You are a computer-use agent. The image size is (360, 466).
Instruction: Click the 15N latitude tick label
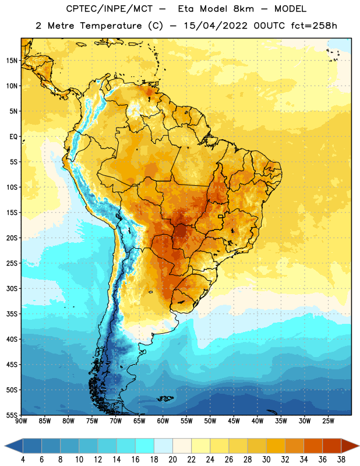point(12,61)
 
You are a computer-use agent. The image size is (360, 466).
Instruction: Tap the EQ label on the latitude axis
point(13,137)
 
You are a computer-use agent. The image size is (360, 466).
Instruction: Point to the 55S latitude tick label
point(12,415)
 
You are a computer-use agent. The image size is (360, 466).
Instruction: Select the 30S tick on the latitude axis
point(12,288)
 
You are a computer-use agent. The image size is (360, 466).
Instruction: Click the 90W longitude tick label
point(21,421)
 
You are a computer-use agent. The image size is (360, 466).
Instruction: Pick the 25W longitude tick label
point(328,421)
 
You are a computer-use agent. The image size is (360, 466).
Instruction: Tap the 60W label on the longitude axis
point(163,421)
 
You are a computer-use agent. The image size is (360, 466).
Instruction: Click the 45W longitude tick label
point(234,421)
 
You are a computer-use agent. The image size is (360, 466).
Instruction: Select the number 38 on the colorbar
point(341,460)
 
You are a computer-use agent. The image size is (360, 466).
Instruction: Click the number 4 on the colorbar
point(23,460)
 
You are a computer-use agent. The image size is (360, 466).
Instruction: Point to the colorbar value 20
point(172,460)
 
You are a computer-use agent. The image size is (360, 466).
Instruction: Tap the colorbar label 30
point(266,460)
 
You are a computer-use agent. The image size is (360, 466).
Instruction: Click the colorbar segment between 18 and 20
point(164,446)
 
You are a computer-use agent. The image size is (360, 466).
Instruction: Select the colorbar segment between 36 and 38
point(332,446)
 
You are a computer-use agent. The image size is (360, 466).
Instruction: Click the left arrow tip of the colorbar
point(5,446)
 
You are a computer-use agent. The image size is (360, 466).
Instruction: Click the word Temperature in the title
point(111,26)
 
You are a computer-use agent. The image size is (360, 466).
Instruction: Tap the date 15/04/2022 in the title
point(216,26)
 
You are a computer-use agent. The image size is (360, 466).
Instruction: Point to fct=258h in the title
point(314,26)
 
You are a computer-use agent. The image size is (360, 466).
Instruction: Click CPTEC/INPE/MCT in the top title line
point(110,9)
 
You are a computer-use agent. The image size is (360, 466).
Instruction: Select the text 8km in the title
point(243,9)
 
